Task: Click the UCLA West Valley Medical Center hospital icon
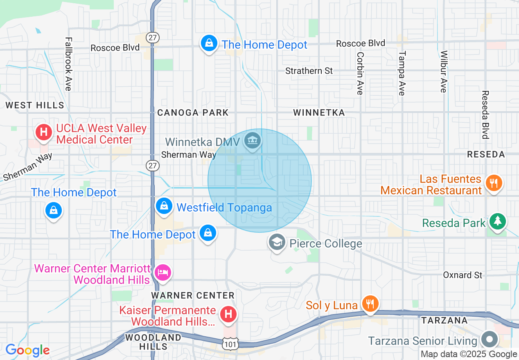pos(44,132)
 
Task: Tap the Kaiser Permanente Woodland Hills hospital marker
pos(228,314)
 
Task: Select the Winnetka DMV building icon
pos(253,141)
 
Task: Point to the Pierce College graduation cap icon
pos(277,243)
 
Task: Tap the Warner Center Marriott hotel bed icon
pos(163,272)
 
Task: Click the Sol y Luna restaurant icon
pos(370,304)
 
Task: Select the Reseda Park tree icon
pos(498,221)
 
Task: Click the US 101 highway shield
pos(230,344)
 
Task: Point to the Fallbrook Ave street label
pos(68,64)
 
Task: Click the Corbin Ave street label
pos(360,73)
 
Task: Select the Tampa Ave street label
pos(402,73)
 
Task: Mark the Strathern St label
pos(309,71)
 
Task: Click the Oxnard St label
pos(463,275)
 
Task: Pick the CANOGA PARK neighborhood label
pos(193,112)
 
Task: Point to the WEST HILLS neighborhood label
pos(35,105)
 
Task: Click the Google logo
pos(27,350)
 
